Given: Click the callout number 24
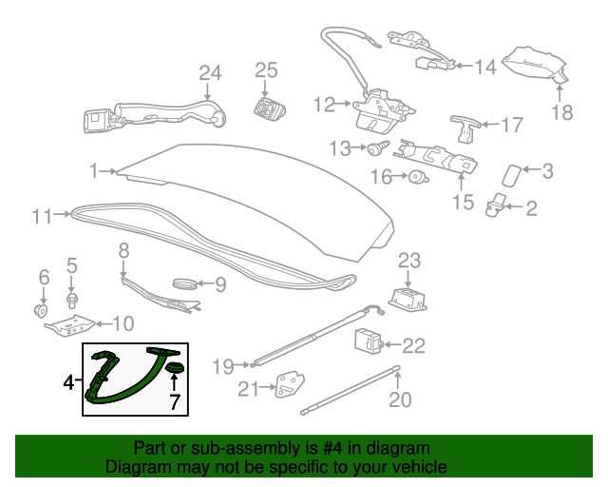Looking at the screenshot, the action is point(210,72).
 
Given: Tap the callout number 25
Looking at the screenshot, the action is point(266,70).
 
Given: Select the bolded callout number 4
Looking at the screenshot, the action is point(68,382).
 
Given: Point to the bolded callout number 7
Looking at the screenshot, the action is point(174,401).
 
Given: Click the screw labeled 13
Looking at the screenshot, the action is point(378,148).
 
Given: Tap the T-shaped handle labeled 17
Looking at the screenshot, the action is point(465,128).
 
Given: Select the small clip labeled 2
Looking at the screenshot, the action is point(495,205).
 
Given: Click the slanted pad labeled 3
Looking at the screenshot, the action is point(512,176).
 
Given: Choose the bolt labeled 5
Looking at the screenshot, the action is point(72,301).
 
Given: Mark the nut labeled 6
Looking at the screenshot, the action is point(40,311).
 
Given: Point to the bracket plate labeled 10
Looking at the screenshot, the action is point(69,325).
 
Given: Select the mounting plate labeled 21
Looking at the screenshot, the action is point(289,385).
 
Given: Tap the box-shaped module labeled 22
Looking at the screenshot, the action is point(369,341).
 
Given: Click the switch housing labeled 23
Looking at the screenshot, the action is point(408,299).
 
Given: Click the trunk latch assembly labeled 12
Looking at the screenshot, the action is point(384,111).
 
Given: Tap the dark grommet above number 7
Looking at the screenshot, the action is point(175,367).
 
